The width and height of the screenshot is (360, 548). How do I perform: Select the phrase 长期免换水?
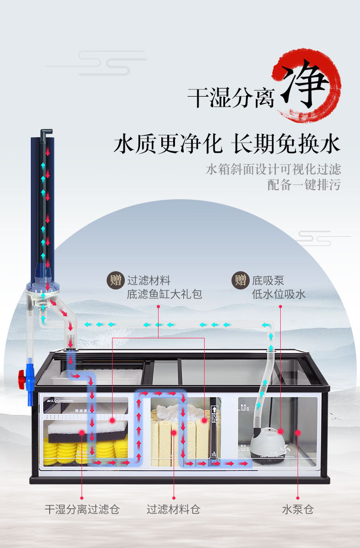(286, 143)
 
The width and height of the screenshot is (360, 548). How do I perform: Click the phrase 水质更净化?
(168, 143)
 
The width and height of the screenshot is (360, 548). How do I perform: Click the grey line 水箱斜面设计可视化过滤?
(273, 170)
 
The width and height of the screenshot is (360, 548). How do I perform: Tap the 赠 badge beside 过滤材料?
(115, 280)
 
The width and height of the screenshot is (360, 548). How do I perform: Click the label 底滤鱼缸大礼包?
(164, 294)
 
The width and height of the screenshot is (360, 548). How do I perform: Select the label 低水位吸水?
(278, 294)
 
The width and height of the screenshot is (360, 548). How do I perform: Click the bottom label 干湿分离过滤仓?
(82, 509)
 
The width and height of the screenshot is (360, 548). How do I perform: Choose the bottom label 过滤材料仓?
(173, 509)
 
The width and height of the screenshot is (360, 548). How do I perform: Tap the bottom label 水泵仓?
(298, 509)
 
